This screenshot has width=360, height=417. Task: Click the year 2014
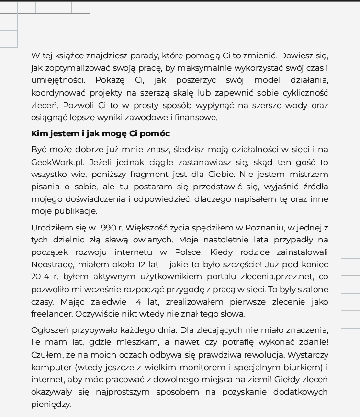point(40,276)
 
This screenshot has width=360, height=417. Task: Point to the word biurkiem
point(304,367)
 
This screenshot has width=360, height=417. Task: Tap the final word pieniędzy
point(51,404)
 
